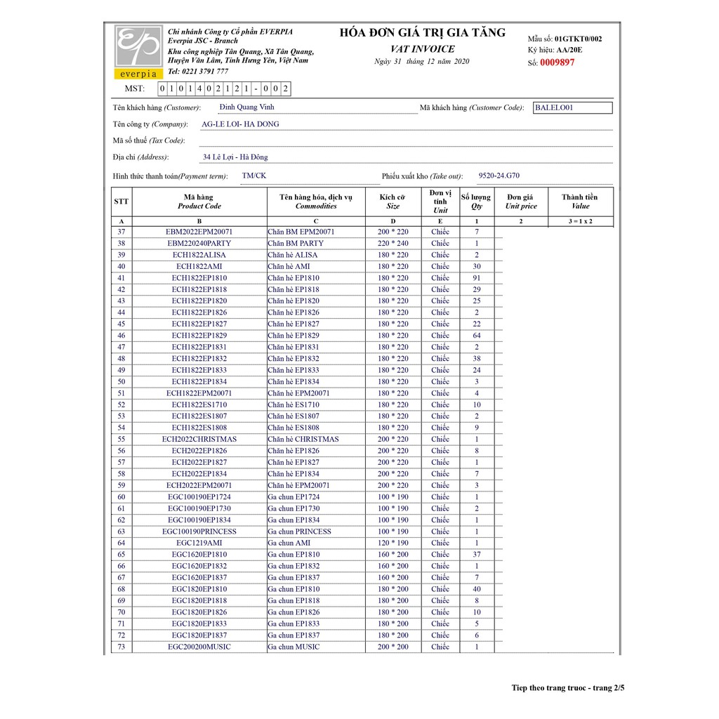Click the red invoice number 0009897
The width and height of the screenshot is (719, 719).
pyautogui.click(x=558, y=62)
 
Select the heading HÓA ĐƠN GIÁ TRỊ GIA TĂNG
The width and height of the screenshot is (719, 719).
pyautogui.click(x=422, y=32)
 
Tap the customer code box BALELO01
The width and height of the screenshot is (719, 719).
pyautogui.click(x=572, y=108)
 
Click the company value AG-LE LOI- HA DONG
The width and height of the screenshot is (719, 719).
pyautogui.click(x=240, y=124)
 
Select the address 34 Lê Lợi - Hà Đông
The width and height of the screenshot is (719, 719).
pyautogui.click(x=235, y=157)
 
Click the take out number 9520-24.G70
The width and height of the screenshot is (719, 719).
pyautogui.click(x=499, y=176)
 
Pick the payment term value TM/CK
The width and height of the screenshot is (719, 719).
pyautogui.click(x=254, y=176)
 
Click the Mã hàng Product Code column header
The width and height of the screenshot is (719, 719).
pyautogui.click(x=199, y=202)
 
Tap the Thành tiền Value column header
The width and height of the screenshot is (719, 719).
pyautogui.click(x=580, y=202)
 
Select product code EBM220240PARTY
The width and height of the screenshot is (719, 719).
pyautogui.click(x=199, y=244)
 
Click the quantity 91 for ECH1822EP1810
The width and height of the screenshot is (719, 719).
pyautogui.click(x=476, y=278)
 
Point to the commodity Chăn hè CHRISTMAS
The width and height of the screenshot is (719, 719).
pyautogui.click(x=303, y=440)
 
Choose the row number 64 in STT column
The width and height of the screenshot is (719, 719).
pyautogui.click(x=121, y=543)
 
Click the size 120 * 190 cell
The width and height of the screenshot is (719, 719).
pyautogui.click(x=393, y=543)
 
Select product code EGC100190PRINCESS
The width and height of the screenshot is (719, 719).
pyautogui.click(x=199, y=532)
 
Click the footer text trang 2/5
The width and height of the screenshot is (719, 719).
pyautogui.click(x=608, y=688)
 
